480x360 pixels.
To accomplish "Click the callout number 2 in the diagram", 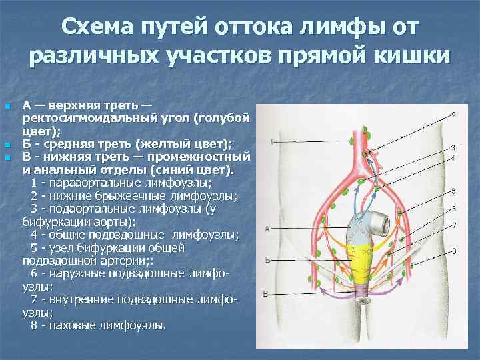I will click(x=453, y=115).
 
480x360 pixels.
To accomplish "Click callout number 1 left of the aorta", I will click(x=271, y=141).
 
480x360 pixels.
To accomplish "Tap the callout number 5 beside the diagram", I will click(x=453, y=191).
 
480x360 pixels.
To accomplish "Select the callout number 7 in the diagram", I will click(x=453, y=226).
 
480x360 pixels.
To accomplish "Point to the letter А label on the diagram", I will click(x=267, y=228).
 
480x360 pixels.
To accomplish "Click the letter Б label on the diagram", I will click(x=267, y=260).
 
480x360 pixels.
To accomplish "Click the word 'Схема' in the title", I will click(x=99, y=29).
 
